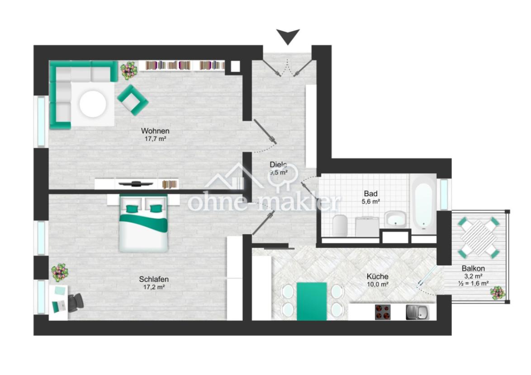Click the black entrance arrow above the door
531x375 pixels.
tap(288, 36)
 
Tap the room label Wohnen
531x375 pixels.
tap(155, 131)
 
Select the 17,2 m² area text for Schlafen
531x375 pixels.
tap(154, 287)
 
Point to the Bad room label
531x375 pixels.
tap(370, 194)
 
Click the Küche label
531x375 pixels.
tap(377, 277)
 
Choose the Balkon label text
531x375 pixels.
tap(473, 268)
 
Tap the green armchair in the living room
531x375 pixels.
tap(133, 100)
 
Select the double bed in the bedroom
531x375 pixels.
tap(143, 223)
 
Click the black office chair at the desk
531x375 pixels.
tap(76, 302)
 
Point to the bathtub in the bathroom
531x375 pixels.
tap(423, 202)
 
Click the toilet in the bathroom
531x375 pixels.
tap(340, 225)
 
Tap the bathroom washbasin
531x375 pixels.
tap(396, 219)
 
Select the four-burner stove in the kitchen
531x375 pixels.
tap(383, 312)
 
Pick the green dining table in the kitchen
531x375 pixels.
tap(312, 301)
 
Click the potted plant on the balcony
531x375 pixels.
tap(497, 293)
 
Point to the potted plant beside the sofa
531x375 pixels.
tap(128, 70)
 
